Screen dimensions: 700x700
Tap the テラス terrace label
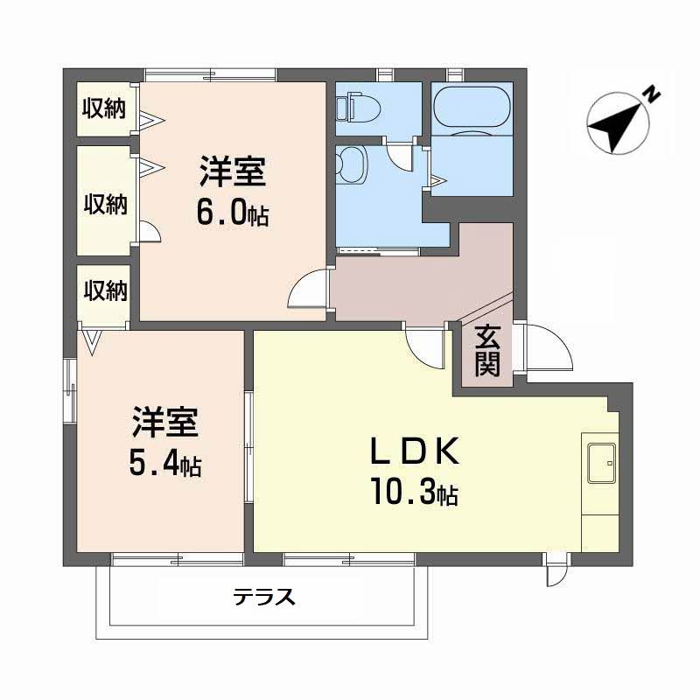(264, 597)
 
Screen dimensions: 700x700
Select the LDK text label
(415, 451)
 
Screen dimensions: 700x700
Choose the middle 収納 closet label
(106, 205)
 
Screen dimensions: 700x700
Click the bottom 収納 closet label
(106, 290)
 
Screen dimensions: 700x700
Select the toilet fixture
(358, 107)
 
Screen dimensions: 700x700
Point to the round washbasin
(352, 164)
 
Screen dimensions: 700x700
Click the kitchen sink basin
(601, 463)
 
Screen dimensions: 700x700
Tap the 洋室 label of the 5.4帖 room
(165, 423)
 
